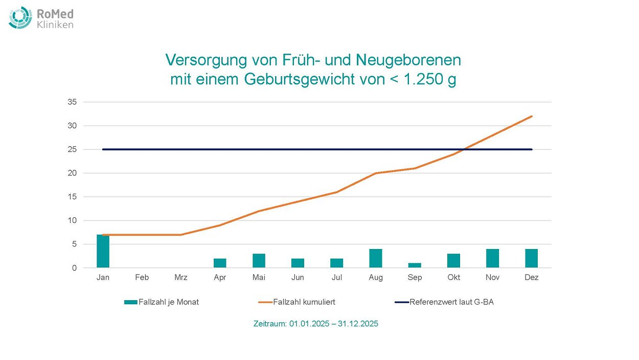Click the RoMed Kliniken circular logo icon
pyautogui.click(x=20, y=17)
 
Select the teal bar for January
pyautogui.click(x=103, y=251)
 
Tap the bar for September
pyautogui.click(x=415, y=265)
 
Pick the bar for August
pyautogui.click(x=376, y=258)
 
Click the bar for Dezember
pyautogui.click(x=531, y=258)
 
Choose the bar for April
pyautogui.click(x=220, y=263)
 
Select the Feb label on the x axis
pyautogui.click(x=142, y=278)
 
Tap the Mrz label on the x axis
pyautogui.click(x=181, y=278)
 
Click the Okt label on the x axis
pyautogui.click(x=453, y=278)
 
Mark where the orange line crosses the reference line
pyautogui.click(x=463, y=149)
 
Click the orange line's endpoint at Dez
pyautogui.click(x=532, y=116)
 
